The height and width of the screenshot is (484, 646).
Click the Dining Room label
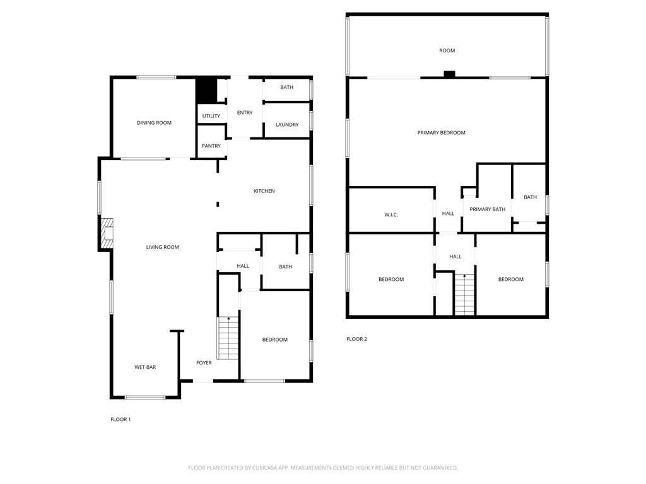[x=154, y=123]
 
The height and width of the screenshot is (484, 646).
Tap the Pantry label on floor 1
[x=211, y=146]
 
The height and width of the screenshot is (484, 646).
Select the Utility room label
[x=211, y=116]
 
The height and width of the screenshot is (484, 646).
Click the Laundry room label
[x=287, y=125]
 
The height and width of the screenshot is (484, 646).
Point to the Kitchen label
[x=264, y=191]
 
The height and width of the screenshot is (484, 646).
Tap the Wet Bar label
[x=145, y=367]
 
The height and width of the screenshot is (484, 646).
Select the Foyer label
[x=204, y=363]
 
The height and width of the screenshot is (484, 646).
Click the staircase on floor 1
[x=228, y=338]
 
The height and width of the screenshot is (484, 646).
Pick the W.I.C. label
[x=391, y=215]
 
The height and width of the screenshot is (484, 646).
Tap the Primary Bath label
[x=488, y=209]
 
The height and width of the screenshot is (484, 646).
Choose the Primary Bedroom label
[x=442, y=133]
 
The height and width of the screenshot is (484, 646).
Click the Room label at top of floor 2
[x=447, y=50]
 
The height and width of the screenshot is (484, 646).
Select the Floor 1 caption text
[x=120, y=420]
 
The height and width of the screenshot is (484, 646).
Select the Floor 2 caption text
[x=356, y=340]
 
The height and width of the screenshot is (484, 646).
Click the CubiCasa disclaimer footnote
[x=323, y=468]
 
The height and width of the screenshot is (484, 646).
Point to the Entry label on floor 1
[x=245, y=113]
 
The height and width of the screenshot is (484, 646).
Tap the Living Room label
[x=163, y=248]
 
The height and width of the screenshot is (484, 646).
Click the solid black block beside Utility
[x=206, y=90]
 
